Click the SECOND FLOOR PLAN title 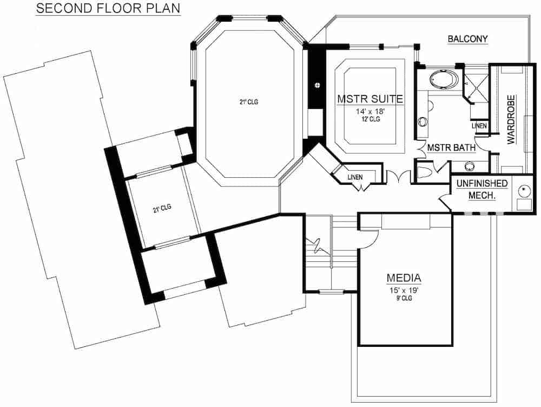pyautogui.click(x=108, y=9)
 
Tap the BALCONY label pyautogui.click(x=468, y=39)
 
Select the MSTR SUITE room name pyautogui.click(x=370, y=99)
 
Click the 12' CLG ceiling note pyautogui.click(x=370, y=119)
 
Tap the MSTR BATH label pyautogui.click(x=451, y=147)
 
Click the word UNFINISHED pyautogui.click(x=481, y=184)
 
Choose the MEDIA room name pyautogui.click(x=404, y=279)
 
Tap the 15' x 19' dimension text pyautogui.click(x=404, y=290)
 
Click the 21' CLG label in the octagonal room pyautogui.click(x=248, y=101)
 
